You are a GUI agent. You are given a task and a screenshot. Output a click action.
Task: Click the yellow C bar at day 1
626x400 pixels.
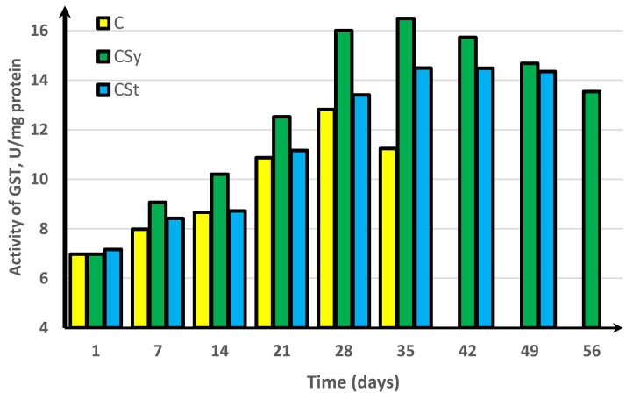77,290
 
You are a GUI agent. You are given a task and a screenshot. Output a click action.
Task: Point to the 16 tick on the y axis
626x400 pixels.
39,31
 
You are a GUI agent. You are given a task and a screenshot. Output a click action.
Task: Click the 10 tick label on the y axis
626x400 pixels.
39,180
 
